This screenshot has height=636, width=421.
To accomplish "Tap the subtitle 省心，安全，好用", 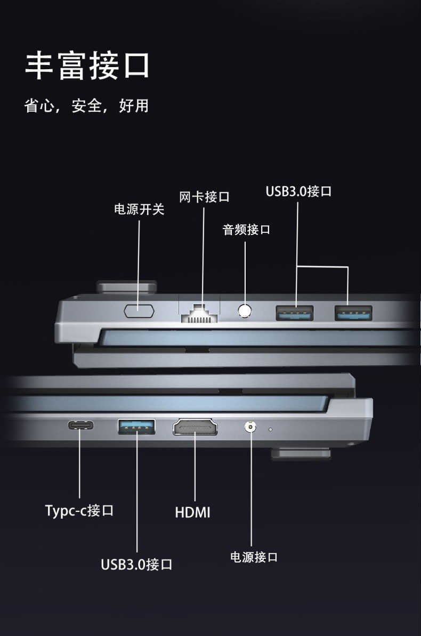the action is point(86,106).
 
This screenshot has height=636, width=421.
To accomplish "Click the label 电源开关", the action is point(139,209).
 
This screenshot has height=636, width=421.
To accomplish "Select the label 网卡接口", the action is point(204,197).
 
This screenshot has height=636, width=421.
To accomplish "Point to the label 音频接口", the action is point(246,230).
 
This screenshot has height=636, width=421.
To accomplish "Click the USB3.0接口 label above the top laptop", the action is point(298,191).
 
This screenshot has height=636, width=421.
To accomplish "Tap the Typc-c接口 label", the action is point(79,510).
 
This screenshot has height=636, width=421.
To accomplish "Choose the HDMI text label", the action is point(192,512).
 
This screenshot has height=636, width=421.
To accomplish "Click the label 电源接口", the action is point(254,557).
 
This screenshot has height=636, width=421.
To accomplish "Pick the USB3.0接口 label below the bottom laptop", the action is point(136,564).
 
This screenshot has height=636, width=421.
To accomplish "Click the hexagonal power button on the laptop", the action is point(139,311).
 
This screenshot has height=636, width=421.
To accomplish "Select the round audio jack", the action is point(245,311).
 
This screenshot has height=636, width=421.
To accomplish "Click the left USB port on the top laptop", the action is point(294,312).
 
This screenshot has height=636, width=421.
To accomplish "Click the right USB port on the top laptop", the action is point(353,312).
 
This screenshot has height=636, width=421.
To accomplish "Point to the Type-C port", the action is point(81,425).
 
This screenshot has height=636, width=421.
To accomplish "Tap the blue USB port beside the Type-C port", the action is point(136,427).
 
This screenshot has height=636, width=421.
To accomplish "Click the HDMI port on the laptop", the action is point(195,427).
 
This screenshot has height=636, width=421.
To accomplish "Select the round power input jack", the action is point(250,426).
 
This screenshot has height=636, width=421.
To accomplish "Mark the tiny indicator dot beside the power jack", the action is point(270,429).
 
